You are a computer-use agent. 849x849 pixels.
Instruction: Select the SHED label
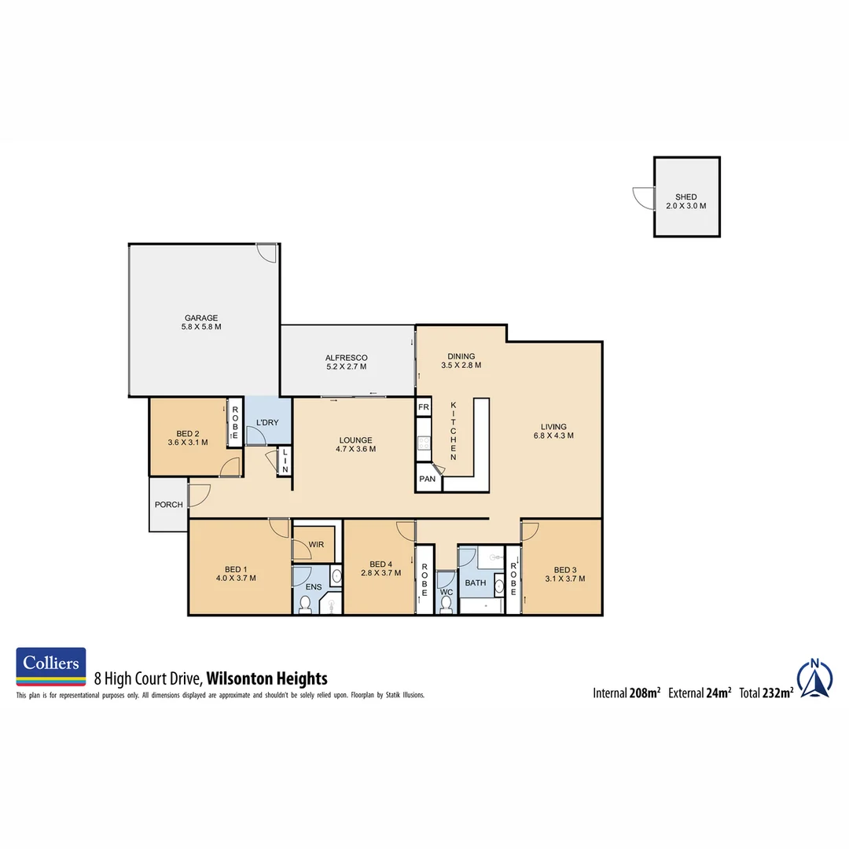(685, 197)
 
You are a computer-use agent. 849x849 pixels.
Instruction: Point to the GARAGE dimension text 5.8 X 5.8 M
(201, 327)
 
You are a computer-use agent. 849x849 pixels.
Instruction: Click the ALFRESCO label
(347, 358)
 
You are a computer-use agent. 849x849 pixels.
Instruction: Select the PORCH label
(169, 505)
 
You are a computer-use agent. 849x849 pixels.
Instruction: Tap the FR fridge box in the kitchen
(424, 407)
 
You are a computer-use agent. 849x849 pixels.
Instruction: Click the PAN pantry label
(427, 479)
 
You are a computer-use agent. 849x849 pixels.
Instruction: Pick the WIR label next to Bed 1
(317, 544)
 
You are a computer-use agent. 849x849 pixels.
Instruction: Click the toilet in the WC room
(447, 604)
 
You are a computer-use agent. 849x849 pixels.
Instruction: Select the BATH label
(476, 583)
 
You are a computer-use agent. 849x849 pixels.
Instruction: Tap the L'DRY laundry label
(268, 423)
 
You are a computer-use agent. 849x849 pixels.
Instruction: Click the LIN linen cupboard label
(285, 461)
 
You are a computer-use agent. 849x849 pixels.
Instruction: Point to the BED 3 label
(564, 570)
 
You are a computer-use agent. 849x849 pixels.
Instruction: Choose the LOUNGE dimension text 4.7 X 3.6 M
(355, 450)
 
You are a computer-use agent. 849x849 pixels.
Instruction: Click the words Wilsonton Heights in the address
(266, 678)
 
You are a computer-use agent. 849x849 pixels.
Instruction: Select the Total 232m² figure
(765, 693)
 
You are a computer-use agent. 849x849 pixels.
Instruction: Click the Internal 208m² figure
(626, 693)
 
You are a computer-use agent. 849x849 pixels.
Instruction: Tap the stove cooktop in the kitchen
(424, 443)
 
